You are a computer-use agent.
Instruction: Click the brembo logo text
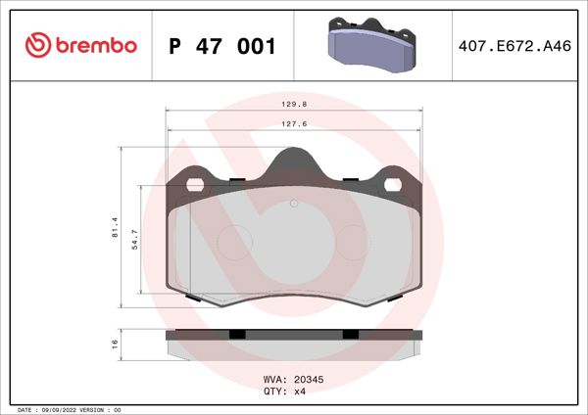click(x=96, y=45)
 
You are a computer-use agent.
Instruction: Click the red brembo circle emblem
click(x=36, y=45)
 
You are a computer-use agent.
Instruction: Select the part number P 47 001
click(x=222, y=46)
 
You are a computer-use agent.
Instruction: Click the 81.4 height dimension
click(x=116, y=227)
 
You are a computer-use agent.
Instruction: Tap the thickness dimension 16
click(x=116, y=344)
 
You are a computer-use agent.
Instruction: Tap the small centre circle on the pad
click(x=293, y=204)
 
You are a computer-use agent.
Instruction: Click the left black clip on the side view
click(x=236, y=335)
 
